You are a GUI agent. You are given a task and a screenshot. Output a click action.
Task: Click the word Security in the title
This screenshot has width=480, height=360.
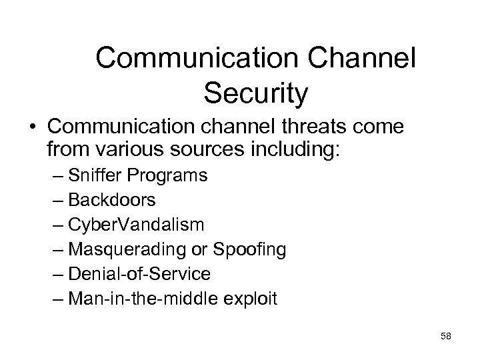point(257,93)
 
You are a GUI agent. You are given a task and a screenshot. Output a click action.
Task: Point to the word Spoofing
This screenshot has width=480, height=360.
point(251,249)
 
